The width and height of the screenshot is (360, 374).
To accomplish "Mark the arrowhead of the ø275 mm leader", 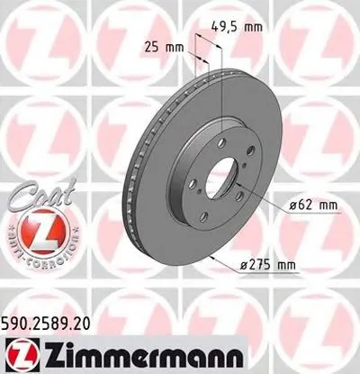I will coord(208,255).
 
